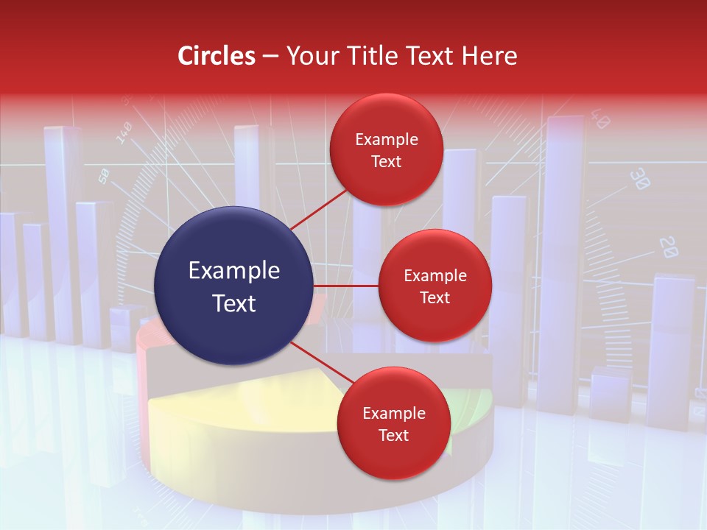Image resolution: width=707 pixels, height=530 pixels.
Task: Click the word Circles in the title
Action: tap(216, 56)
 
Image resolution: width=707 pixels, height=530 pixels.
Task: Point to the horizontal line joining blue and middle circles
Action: tap(345, 286)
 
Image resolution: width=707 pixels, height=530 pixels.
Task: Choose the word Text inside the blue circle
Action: tap(233, 303)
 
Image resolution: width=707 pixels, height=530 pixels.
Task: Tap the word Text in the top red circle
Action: tap(386, 161)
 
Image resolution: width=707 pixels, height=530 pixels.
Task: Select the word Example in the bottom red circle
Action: tap(393, 413)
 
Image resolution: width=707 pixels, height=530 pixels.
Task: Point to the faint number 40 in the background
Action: tap(599, 119)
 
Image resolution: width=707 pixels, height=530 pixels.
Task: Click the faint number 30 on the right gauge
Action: tap(639, 179)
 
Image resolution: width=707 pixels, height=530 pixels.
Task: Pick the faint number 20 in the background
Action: tap(668, 247)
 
